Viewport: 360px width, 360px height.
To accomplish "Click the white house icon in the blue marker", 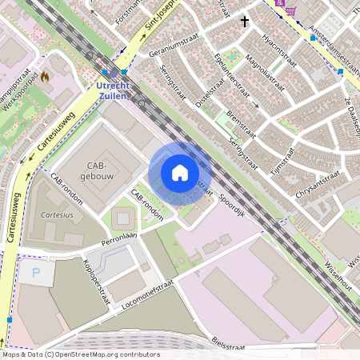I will tap(180, 173).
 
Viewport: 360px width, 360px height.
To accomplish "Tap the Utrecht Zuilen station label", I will tap(111, 90).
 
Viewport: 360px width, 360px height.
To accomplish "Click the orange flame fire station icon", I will tap(45, 78).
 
